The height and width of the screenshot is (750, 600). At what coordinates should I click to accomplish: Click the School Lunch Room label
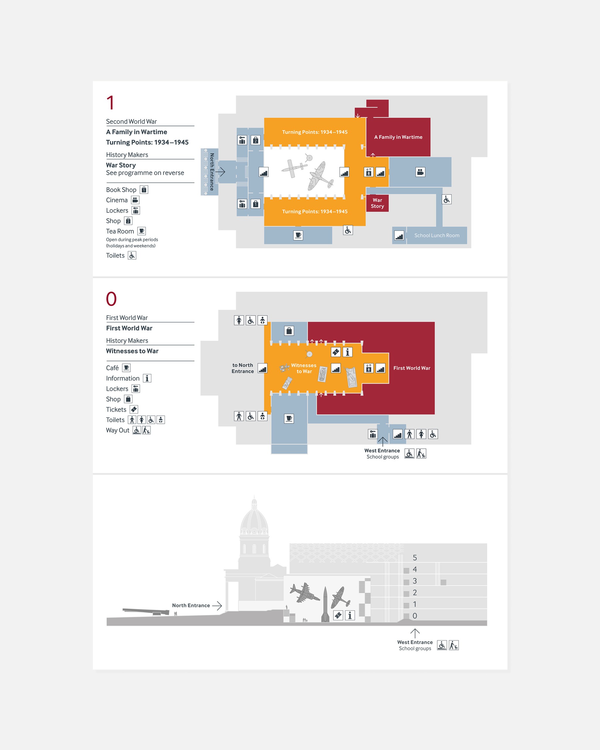(x=437, y=236)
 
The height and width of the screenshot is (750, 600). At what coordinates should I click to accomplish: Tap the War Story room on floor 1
(x=377, y=203)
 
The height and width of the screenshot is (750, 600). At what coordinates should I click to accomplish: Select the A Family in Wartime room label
(x=398, y=137)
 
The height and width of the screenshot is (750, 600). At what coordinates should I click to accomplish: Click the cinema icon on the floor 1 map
(x=420, y=172)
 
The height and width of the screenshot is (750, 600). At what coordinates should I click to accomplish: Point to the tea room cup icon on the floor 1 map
(x=298, y=236)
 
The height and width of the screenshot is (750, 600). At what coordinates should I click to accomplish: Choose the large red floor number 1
(x=110, y=103)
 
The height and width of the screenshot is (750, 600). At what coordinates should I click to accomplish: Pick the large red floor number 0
(x=111, y=299)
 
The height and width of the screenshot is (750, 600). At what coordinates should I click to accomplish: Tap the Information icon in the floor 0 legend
(x=147, y=379)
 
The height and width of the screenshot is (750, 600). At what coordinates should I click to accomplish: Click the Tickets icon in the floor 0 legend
(x=134, y=410)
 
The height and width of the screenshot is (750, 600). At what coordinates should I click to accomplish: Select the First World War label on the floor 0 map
(x=412, y=368)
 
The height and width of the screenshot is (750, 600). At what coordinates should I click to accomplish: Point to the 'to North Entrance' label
(x=243, y=368)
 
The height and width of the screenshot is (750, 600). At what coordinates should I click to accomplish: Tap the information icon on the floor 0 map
(x=347, y=352)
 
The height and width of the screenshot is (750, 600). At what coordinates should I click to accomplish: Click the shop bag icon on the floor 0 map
(x=289, y=331)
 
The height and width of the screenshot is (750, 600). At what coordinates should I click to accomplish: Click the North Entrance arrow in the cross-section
(x=217, y=606)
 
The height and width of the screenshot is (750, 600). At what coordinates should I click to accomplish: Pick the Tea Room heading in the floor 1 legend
(x=120, y=231)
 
